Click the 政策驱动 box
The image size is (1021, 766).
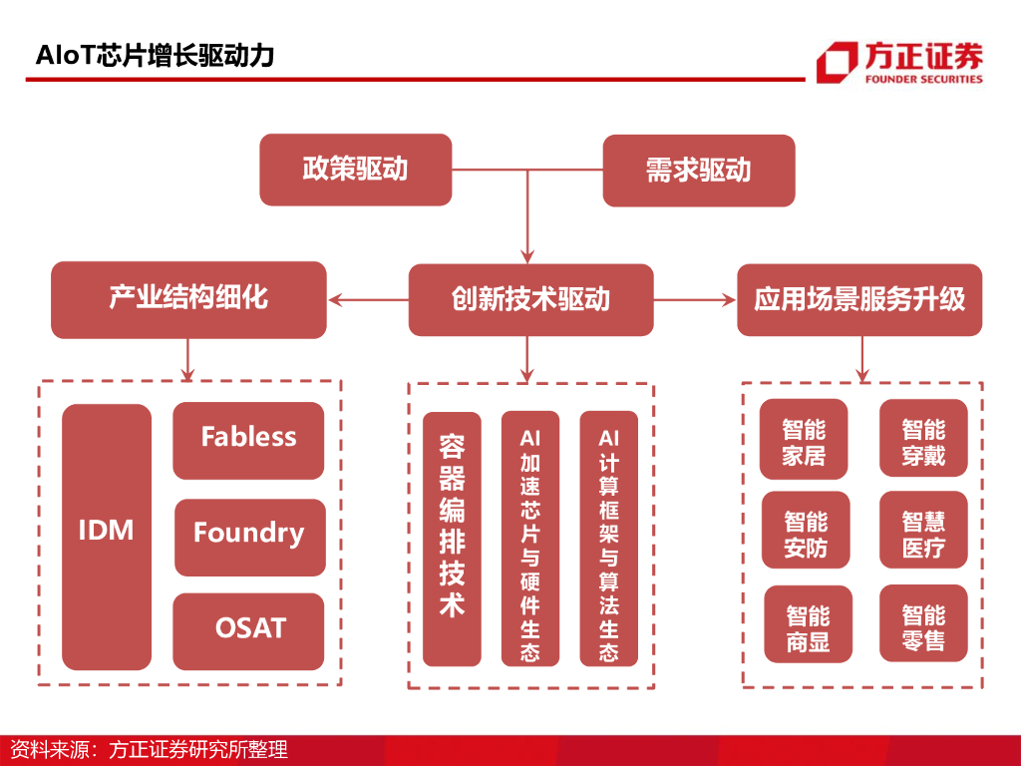pos(356,170)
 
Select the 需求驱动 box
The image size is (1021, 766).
pos(699,171)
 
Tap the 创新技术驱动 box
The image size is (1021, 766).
pos(530,299)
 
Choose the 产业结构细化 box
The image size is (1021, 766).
pos(188,299)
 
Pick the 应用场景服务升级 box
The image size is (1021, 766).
pos(859,299)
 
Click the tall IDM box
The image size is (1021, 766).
pos(107,537)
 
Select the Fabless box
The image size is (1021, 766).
pos(248,440)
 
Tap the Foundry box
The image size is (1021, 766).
pos(250,538)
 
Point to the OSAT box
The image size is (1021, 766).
pos(248,631)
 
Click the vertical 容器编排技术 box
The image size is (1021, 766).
pos(452,539)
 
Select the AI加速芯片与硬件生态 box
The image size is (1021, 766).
pos(530,538)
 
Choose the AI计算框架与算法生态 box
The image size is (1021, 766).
pos(609,538)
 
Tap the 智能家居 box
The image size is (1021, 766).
pos(804,439)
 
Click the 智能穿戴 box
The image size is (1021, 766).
pos(923,438)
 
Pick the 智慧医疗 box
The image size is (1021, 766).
pos(923,530)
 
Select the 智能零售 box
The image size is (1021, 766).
pos(923,623)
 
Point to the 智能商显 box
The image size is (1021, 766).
pos(808,624)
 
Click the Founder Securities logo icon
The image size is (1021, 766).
pos(838,63)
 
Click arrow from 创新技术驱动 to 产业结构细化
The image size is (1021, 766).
pos(369,299)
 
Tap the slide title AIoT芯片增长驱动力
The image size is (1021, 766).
pos(155,56)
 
